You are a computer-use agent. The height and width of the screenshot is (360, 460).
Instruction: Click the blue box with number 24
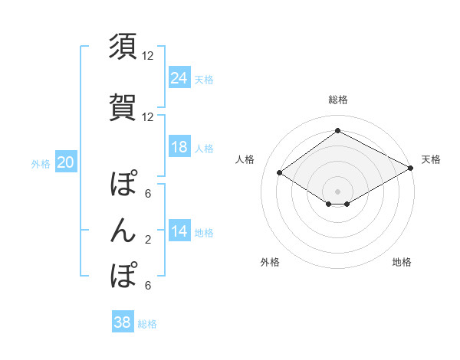[x=179, y=77]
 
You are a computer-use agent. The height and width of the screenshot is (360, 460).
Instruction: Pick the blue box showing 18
[x=179, y=147]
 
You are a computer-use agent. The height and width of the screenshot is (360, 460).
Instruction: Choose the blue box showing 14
[x=179, y=231]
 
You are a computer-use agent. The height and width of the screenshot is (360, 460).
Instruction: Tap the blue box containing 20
[x=66, y=162]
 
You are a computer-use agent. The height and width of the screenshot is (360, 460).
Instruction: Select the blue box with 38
[x=123, y=322]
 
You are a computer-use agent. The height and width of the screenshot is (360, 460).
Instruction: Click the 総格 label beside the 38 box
[x=147, y=324]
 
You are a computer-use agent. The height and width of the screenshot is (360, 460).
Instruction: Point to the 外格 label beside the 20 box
[x=41, y=163]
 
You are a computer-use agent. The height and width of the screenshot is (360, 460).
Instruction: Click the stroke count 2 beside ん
[x=148, y=240]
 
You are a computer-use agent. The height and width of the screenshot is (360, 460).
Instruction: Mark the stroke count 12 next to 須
[x=148, y=56]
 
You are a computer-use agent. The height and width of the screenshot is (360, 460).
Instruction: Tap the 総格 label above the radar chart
[x=337, y=100]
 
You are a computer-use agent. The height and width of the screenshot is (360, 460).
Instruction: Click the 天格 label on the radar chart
[x=431, y=159]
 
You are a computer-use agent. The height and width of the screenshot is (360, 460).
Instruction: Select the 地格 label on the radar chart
[x=402, y=263]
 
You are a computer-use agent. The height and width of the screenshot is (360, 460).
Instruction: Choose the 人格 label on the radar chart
[x=245, y=159]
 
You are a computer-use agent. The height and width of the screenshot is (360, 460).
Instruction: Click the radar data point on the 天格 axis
[x=412, y=168]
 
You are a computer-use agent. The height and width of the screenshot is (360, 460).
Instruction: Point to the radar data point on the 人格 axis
[x=280, y=173]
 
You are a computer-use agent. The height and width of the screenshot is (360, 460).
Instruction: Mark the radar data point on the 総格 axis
[x=337, y=131]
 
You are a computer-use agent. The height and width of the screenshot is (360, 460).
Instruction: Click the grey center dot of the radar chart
[x=337, y=191]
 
